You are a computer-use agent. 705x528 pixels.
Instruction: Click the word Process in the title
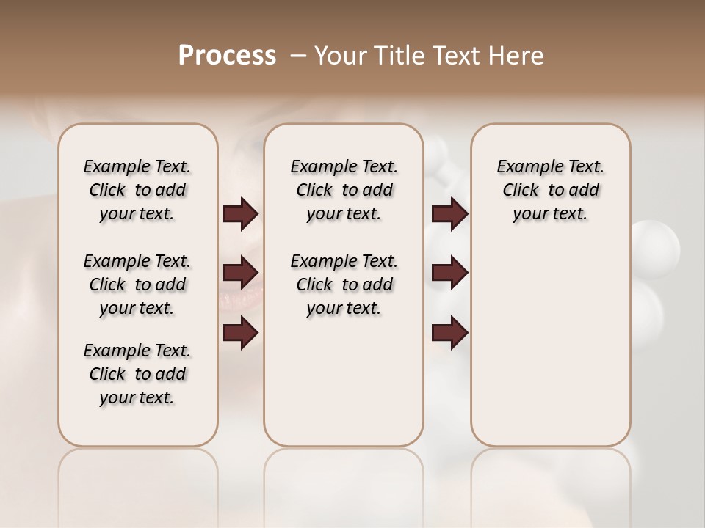[x=227, y=56]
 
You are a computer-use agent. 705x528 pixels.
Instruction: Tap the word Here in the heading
[x=513, y=56]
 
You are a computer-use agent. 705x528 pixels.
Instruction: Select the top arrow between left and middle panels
[x=240, y=214]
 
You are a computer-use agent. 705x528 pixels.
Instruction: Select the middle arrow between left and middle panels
[x=240, y=273]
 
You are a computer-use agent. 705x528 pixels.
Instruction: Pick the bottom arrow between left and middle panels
[x=240, y=332]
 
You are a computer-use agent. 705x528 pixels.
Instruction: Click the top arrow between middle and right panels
[x=449, y=214]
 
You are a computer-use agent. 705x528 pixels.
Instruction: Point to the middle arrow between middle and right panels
[x=449, y=273]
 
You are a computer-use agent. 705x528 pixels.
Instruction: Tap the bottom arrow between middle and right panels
[x=449, y=332]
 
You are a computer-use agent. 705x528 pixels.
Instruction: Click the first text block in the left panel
[x=137, y=190]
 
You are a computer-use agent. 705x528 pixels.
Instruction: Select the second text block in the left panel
[x=137, y=285]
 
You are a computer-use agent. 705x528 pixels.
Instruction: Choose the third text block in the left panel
[x=137, y=374]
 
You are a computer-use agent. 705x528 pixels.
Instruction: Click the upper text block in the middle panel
[x=344, y=190]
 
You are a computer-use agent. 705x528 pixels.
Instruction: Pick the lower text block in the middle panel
[x=344, y=285]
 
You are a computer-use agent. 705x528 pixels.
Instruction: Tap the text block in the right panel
[x=550, y=190]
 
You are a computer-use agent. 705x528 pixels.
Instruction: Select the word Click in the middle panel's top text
[x=314, y=191]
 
